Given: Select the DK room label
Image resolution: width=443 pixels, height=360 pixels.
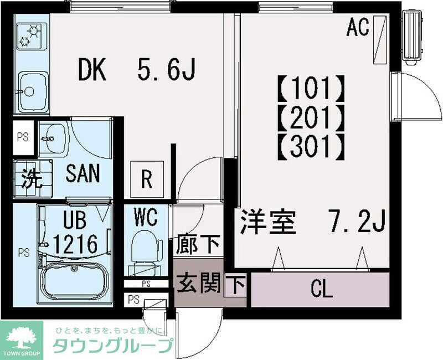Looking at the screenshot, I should click(x=94, y=70).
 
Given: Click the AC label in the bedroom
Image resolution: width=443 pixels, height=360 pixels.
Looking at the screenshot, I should click(x=358, y=27).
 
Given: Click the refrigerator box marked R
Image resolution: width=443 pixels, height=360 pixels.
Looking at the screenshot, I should click(x=147, y=178).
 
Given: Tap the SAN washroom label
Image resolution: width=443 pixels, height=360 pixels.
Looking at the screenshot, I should click(x=83, y=174).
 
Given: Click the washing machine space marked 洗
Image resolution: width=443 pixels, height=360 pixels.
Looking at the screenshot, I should click(x=31, y=180).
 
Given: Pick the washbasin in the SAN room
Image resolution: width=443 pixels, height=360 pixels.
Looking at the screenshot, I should click(x=54, y=137).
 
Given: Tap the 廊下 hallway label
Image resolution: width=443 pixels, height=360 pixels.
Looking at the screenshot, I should click(x=199, y=244).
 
